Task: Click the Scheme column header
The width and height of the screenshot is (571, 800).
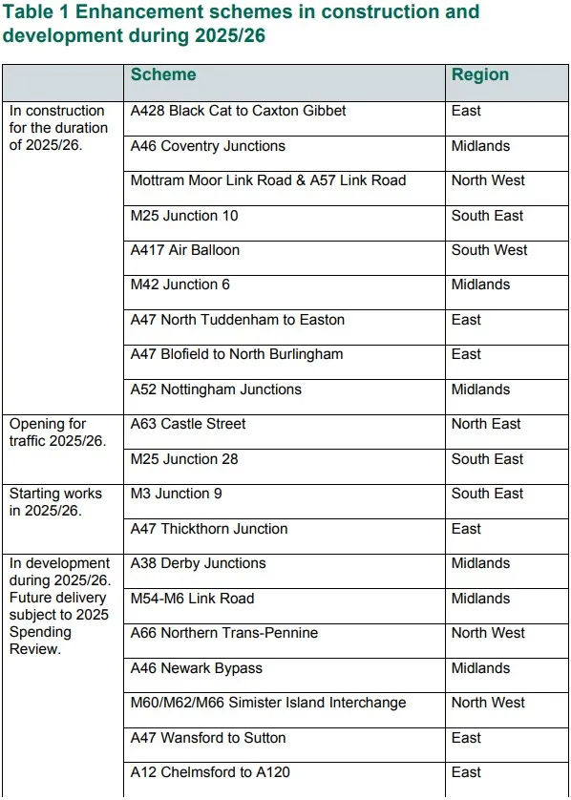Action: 163,75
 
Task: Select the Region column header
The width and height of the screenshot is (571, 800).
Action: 480,75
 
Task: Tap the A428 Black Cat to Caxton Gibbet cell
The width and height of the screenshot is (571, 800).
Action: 238,111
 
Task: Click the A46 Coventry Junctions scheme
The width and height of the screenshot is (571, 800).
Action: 207,146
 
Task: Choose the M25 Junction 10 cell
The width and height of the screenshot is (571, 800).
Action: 183,216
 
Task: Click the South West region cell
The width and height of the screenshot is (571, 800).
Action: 489,250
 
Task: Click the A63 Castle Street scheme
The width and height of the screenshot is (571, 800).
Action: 187,424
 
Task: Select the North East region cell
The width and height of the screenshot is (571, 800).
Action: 486,424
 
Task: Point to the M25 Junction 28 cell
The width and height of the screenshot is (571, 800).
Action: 183,459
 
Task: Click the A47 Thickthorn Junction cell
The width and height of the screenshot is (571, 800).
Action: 208,529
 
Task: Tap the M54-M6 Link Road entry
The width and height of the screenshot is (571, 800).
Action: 192,599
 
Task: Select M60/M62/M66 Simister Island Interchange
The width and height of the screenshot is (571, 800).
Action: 267,703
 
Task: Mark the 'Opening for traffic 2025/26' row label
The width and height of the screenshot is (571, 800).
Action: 57,432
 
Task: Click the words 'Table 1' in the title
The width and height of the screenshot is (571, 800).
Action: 34,12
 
